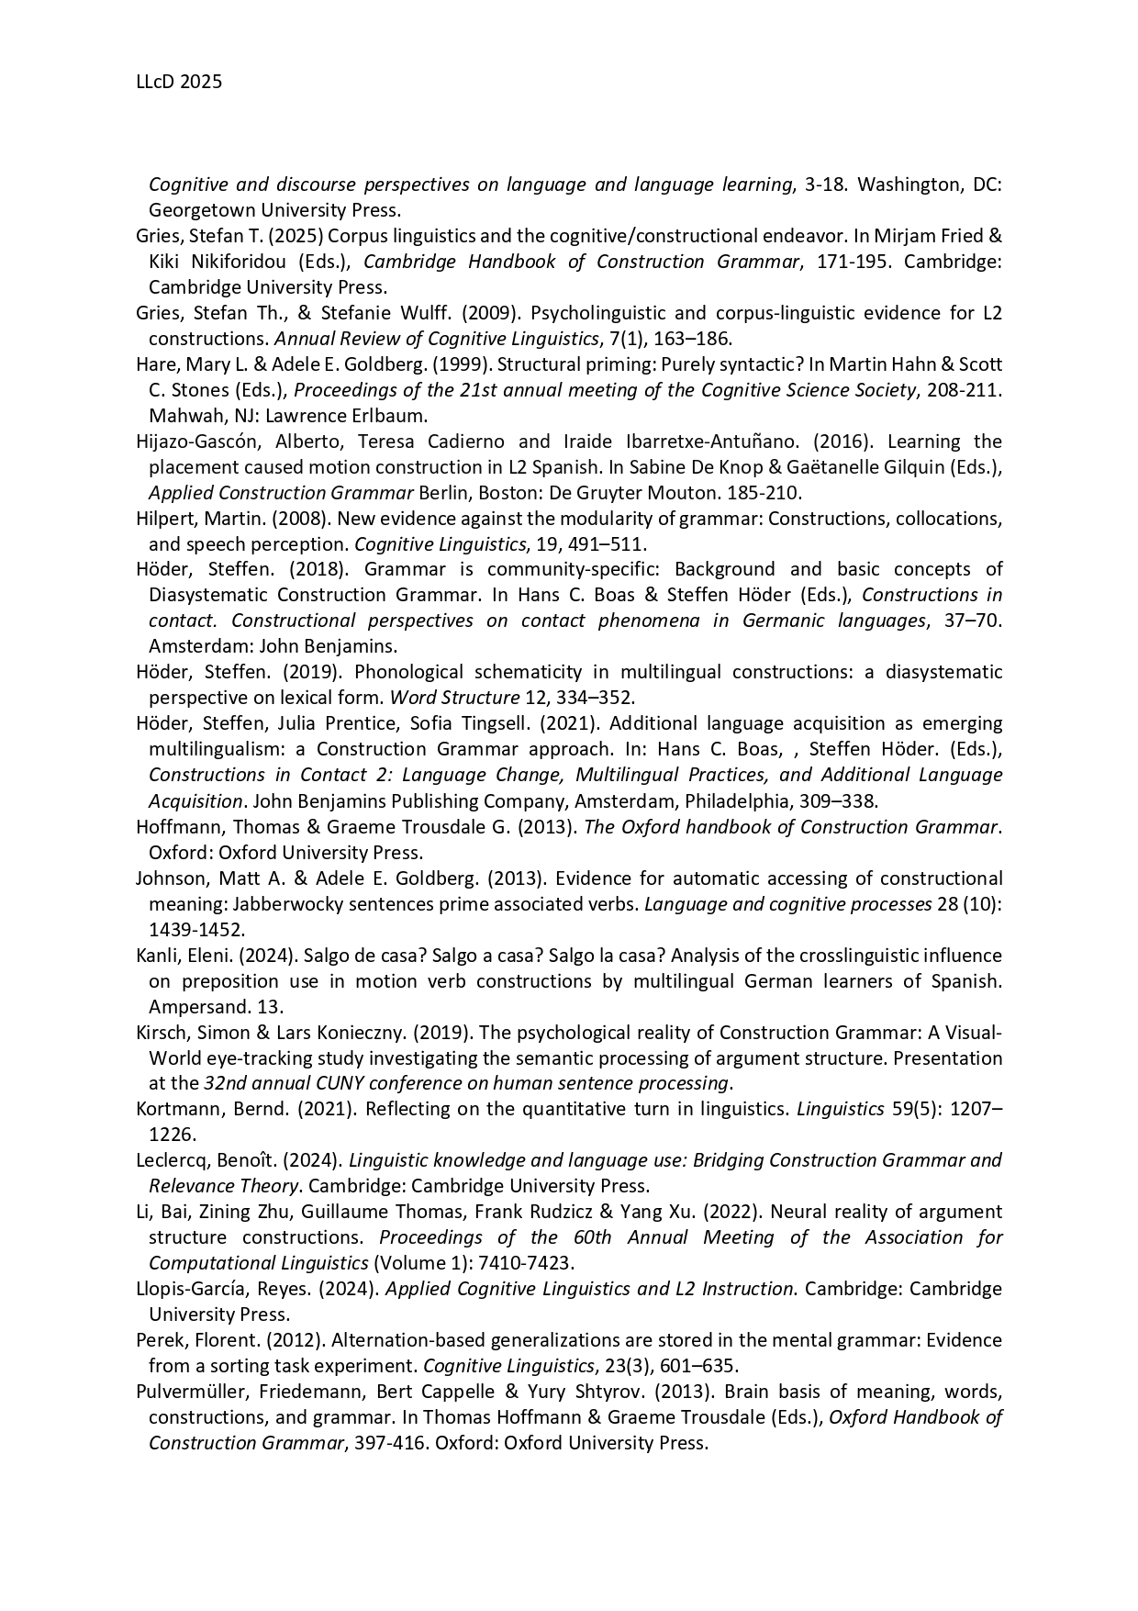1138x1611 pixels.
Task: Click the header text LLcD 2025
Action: coord(179,82)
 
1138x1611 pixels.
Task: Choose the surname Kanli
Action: coord(157,956)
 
